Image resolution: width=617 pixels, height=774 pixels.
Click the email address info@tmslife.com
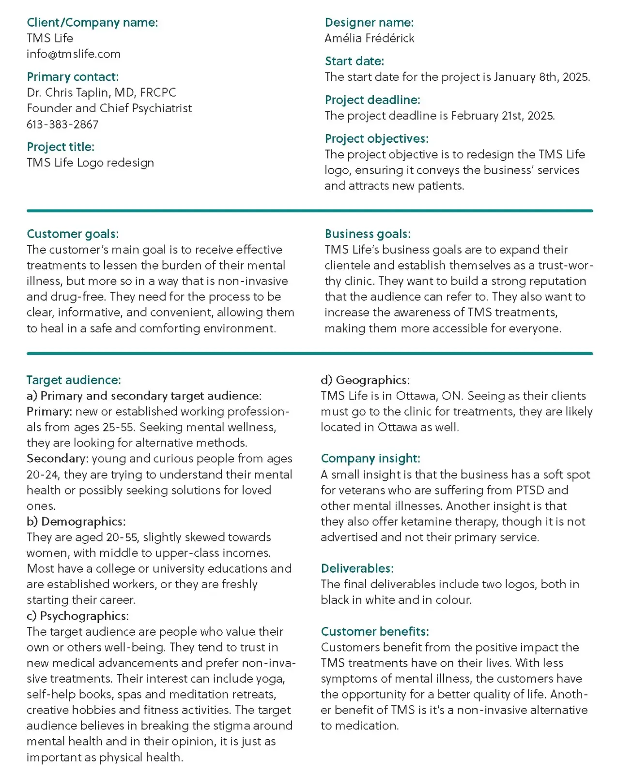[74, 54]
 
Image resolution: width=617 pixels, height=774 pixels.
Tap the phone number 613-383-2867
[62, 124]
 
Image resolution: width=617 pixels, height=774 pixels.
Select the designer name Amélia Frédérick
[369, 38]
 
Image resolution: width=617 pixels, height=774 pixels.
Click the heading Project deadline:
[372, 100]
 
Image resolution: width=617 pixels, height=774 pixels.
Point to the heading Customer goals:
[73, 234]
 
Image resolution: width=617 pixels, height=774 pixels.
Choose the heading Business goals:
[367, 234]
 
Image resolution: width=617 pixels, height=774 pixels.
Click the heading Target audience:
[74, 380]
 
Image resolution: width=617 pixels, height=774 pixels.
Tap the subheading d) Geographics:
[365, 380]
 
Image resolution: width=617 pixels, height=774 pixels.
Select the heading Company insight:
[370, 458]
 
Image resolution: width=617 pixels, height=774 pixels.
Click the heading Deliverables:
[357, 568]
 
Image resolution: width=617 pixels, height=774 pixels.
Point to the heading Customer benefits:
[374, 631]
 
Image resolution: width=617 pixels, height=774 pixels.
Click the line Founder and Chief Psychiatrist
[109, 108]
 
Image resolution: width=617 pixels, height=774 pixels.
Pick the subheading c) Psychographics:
[77, 616]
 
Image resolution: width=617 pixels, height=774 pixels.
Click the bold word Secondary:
[58, 458]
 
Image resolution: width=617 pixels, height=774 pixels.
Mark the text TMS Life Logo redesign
[90, 163]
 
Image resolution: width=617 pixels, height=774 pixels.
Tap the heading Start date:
[354, 61]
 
